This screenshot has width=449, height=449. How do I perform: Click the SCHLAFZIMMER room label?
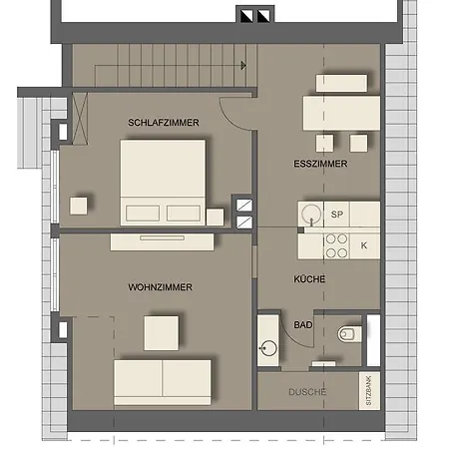coord(164,123)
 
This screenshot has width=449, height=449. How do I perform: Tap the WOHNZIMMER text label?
coord(160,287)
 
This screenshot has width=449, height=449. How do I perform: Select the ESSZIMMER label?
coord(320,164)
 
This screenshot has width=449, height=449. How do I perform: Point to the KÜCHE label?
coord(309,278)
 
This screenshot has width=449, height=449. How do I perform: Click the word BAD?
coord(303,325)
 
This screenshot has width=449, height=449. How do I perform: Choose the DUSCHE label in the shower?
coord(307,392)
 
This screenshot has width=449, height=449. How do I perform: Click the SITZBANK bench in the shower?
coord(369,391)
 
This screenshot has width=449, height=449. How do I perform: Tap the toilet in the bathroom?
coord(349,334)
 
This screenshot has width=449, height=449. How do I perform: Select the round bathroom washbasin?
coord(267,348)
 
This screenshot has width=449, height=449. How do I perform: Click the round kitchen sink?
coord(311,214)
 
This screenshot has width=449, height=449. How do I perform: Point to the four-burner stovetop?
coord(336,245)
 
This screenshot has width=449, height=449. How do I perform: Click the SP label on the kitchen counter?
coord(336,215)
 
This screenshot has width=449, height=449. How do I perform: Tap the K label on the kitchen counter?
coord(364,245)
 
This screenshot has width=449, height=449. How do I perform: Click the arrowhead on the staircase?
coord(243,65)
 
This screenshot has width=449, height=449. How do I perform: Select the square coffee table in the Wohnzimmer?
coord(162,333)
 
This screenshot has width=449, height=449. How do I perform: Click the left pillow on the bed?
coord(143,214)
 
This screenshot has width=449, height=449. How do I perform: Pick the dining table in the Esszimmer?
coord(341,113)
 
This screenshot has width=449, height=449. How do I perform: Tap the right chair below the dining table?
coord(358,143)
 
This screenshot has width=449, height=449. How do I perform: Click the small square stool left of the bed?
coord(79,206)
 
